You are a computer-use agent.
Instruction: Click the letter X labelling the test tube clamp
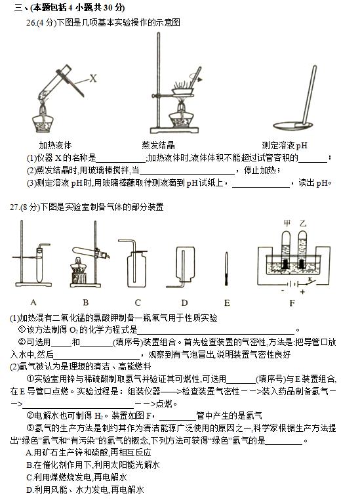(x=93, y=78)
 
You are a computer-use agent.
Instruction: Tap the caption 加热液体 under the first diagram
(x=55, y=145)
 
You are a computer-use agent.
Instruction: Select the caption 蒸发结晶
(x=158, y=145)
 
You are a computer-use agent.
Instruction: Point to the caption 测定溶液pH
(x=285, y=145)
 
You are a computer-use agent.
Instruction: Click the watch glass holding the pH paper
(x=292, y=125)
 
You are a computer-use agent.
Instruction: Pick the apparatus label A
(x=33, y=302)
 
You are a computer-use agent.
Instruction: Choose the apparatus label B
(x=85, y=302)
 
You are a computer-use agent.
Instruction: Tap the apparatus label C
(x=138, y=303)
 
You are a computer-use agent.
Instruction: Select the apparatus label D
(x=184, y=303)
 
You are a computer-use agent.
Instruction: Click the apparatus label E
(x=227, y=303)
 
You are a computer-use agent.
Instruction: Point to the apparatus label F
(x=292, y=303)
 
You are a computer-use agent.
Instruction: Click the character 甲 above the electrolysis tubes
(x=287, y=222)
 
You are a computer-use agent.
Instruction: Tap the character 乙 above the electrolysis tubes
(x=302, y=223)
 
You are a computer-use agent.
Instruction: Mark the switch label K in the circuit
(x=310, y=280)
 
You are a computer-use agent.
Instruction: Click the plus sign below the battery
(x=302, y=292)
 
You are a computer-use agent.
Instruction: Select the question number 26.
(x=31, y=22)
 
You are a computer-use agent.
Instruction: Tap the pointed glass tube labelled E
(x=226, y=268)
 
